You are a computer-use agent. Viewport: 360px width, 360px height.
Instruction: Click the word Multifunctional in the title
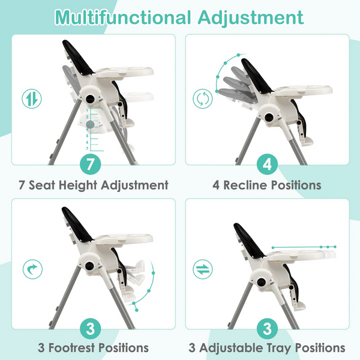pos(123,17)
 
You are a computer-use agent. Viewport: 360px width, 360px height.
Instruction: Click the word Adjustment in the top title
pos(251,17)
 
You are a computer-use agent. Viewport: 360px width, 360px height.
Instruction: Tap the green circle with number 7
pos(91,164)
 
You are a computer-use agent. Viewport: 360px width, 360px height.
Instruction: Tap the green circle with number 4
pos(267,164)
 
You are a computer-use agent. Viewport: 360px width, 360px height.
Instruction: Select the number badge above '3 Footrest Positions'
pos(91,329)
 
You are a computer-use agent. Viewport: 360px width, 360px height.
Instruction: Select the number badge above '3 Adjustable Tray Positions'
pos(267,329)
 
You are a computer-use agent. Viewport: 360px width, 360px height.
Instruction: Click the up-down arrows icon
pos(32,99)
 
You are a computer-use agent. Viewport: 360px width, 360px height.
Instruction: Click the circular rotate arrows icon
pos(203,99)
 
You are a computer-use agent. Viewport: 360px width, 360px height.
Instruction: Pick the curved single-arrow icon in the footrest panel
pos(32,269)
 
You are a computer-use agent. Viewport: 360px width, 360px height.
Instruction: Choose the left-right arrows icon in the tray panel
pos(203,269)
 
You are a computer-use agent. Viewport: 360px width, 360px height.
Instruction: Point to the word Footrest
pos(72,347)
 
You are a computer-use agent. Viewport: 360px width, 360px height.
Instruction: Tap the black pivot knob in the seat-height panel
pos(90,99)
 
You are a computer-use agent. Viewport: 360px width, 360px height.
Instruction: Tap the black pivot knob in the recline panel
pos(269,118)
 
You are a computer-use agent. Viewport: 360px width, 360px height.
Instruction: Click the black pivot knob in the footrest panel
pos(89,266)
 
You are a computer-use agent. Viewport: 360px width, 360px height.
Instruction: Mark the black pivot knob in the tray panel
pos(261,282)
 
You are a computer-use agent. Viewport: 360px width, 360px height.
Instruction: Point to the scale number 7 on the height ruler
pos(87,149)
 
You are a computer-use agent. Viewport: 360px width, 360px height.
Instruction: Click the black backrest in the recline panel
pos(256,76)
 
